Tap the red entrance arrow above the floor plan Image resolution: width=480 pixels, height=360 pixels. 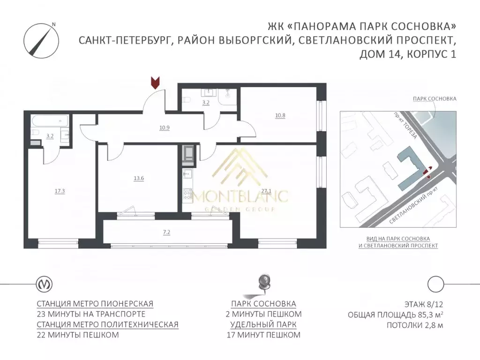coord(154,82)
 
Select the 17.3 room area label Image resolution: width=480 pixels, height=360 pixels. coord(59,191)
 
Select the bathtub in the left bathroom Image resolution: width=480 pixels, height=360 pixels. coord(48,121)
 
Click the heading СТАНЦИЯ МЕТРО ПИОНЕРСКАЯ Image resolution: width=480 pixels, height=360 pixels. coord(95,303)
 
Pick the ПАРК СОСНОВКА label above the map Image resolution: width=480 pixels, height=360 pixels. coord(435,99)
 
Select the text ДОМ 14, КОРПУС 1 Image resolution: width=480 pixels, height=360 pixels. coord(408,54)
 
